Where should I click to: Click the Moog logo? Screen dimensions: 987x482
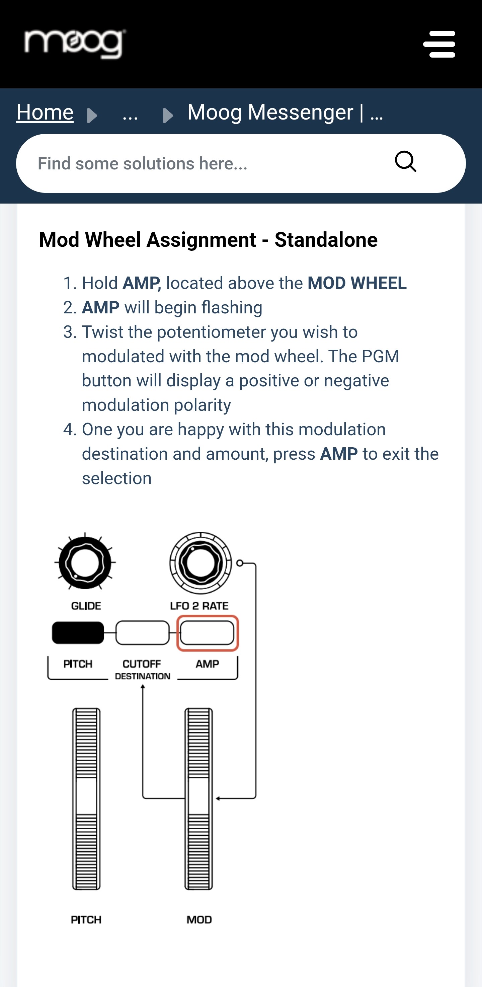click(x=75, y=44)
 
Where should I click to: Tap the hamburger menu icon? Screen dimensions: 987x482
click(x=439, y=44)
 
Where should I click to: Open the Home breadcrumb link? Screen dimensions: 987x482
click(x=45, y=112)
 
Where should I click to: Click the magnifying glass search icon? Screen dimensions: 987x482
click(x=405, y=161)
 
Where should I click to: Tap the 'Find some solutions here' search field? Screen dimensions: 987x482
click(x=199, y=164)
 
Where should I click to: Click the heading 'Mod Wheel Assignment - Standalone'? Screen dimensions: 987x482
click(x=209, y=240)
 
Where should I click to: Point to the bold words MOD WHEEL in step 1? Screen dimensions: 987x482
click(x=357, y=283)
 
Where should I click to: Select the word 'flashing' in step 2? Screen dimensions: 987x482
click(x=232, y=308)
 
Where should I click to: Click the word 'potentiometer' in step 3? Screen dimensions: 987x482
click(x=211, y=332)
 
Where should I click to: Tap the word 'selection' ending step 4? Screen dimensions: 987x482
click(x=117, y=478)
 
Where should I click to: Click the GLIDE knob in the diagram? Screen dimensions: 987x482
click(x=85, y=562)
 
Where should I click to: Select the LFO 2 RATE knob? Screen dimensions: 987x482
click(x=200, y=562)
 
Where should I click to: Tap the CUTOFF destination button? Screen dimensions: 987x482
click(x=142, y=632)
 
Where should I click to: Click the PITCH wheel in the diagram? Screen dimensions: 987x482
click(x=86, y=799)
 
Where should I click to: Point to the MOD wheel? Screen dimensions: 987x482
click(x=199, y=799)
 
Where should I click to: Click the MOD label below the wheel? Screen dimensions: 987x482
click(x=199, y=920)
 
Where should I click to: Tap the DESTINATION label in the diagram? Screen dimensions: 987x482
click(x=143, y=676)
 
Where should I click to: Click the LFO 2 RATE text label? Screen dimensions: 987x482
click(x=199, y=606)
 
